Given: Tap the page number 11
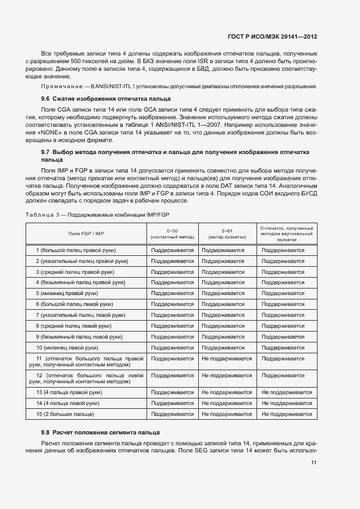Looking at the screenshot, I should click(314, 463).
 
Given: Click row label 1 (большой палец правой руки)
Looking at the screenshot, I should click(76, 250).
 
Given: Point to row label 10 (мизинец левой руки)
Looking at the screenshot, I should click(67, 347).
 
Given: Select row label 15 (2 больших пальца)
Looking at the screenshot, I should click(65, 414).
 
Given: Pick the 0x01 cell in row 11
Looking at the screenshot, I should click(227, 359).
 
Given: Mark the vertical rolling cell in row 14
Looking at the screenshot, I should click(286, 403).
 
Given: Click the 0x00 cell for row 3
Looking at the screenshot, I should click(172, 272).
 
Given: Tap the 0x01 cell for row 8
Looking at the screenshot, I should click(227, 326).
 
